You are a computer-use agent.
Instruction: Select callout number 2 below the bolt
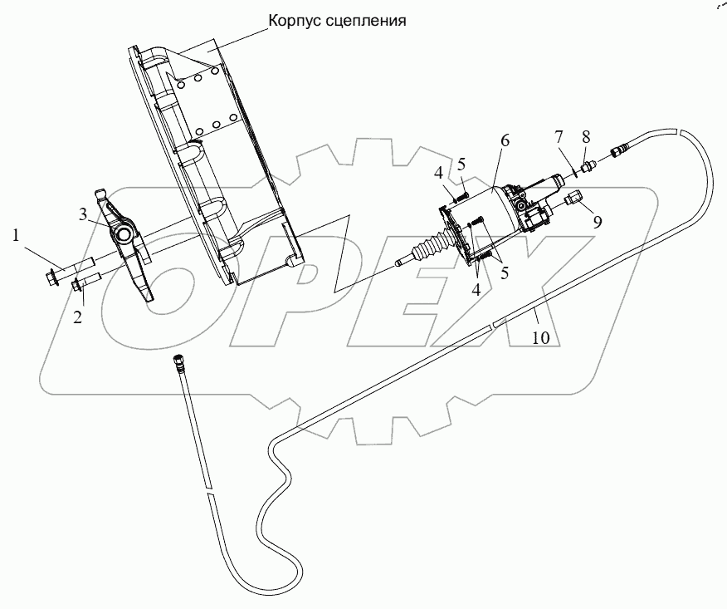point(78,316)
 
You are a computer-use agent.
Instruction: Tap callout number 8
point(587,136)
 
